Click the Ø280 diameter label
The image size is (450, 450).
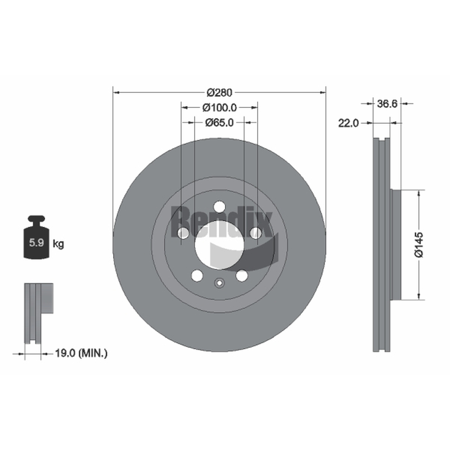[x=219, y=93]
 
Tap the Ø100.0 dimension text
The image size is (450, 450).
[x=219, y=107]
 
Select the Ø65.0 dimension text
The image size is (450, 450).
[x=219, y=123]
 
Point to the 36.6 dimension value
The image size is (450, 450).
[x=387, y=103]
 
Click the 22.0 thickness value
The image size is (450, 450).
[x=348, y=123]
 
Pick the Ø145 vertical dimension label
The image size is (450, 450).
[x=419, y=245]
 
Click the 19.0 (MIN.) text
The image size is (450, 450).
[x=81, y=353]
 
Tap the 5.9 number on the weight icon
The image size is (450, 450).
[x=37, y=243]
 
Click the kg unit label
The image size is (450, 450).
[x=58, y=244]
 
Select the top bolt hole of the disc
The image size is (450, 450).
[x=219, y=206]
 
